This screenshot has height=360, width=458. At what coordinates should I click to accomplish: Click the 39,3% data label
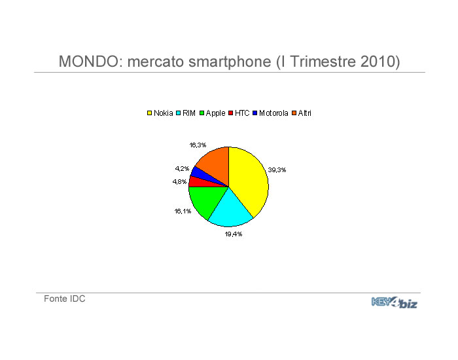tap(277, 170)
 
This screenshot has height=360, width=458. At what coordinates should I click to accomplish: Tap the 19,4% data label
tap(234, 234)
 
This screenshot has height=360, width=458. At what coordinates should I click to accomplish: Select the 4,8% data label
tap(179, 182)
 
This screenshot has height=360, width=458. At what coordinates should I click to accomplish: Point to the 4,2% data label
tap(182, 169)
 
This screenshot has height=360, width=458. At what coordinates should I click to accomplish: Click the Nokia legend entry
tap(160, 113)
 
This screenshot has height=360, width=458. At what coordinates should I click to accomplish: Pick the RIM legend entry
tap(186, 113)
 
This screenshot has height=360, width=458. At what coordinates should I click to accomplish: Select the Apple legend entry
tap(213, 113)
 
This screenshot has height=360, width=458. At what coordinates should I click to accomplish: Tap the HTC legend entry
tap(239, 113)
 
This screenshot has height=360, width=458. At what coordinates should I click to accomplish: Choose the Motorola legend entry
tap(270, 113)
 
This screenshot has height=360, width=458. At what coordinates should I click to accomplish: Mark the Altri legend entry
tap(302, 113)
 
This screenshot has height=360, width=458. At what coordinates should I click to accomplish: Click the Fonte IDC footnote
tap(65, 298)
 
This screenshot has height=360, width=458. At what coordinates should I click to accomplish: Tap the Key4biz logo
tap(395, 302)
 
